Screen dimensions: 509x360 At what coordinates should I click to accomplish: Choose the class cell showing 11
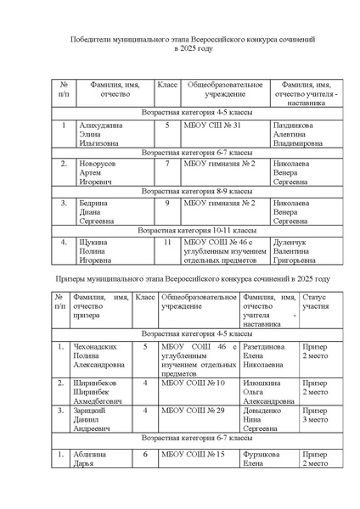tap(167, 242)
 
